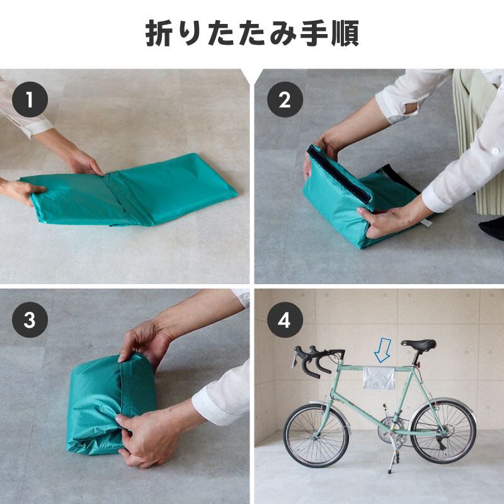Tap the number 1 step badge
[30, 100]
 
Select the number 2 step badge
[284, 100]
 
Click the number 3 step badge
[30, 320]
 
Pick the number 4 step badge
[284, 320]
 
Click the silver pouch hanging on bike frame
[379, 376]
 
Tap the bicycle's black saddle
[418, 345]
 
